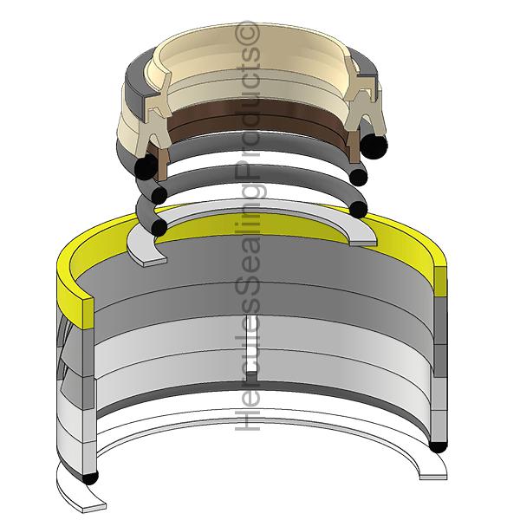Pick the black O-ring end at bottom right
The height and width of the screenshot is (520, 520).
click(438, 446)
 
